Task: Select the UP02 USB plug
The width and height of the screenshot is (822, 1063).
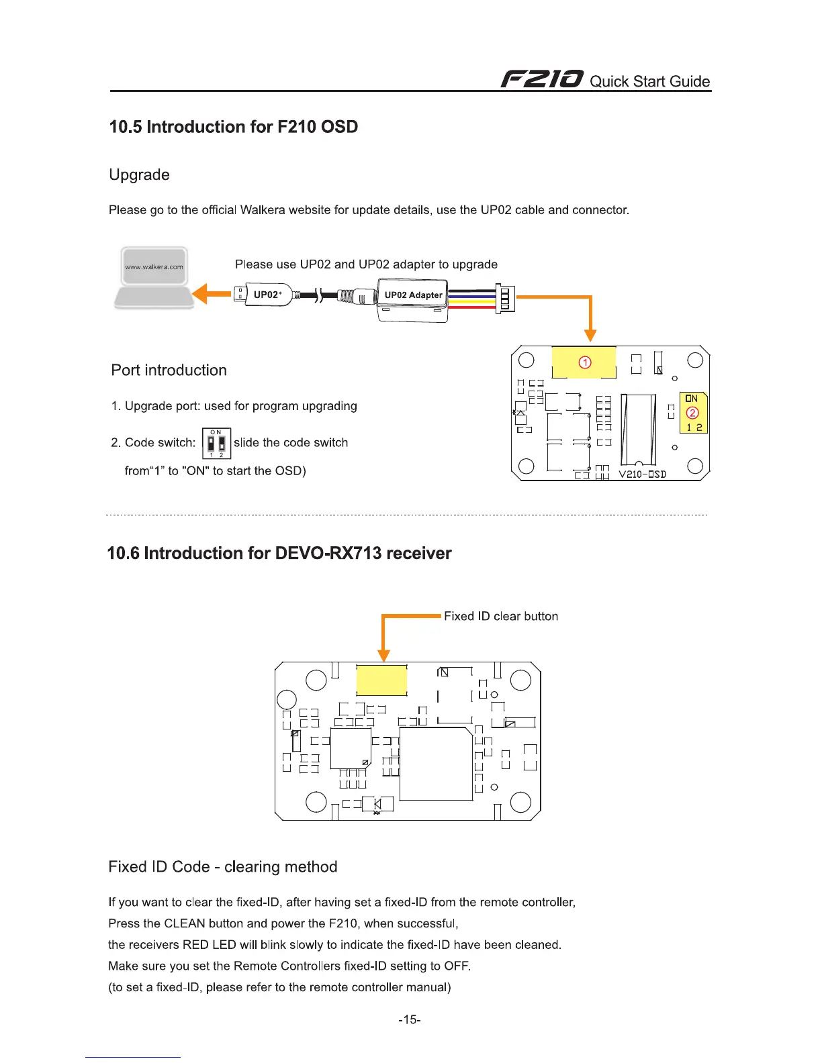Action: click(263, 295)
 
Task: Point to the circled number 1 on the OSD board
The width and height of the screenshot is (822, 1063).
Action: click(585, 362)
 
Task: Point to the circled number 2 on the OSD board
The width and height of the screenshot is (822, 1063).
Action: click(692, 413)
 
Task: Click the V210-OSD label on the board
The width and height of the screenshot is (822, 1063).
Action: click(642, 474)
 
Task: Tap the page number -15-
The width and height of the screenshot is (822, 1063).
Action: click(409, 1019)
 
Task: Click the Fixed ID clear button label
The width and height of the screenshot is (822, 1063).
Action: click(501, 616)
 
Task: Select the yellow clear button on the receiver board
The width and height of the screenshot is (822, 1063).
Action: click(381, 680)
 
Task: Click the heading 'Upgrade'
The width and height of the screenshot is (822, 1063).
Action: click(139, 174)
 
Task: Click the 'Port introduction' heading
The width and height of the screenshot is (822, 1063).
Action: click(169, 370)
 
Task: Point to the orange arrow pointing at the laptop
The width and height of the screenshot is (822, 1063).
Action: click(211, 294)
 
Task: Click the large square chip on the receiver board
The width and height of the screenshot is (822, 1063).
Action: click(436, 764)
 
